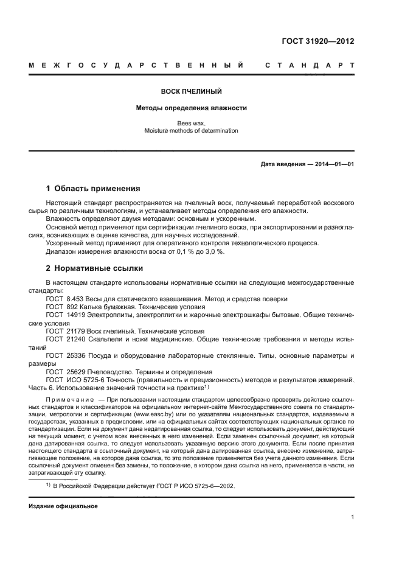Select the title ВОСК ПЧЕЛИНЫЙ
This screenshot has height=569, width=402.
tap(191, 92)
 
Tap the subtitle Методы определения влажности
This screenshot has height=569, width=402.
tap(191, 108)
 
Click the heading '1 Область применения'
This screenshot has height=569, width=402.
tap(93, 189)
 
